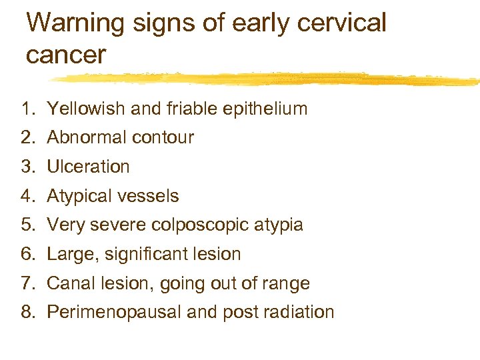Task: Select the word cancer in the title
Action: [66, 54]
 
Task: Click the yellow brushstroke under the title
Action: [267, 79]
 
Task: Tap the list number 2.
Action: [27, 138]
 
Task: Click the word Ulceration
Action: [88, 167]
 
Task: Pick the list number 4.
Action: [27, 196]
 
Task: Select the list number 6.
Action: [27, 254]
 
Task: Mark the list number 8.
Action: [27, 312]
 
